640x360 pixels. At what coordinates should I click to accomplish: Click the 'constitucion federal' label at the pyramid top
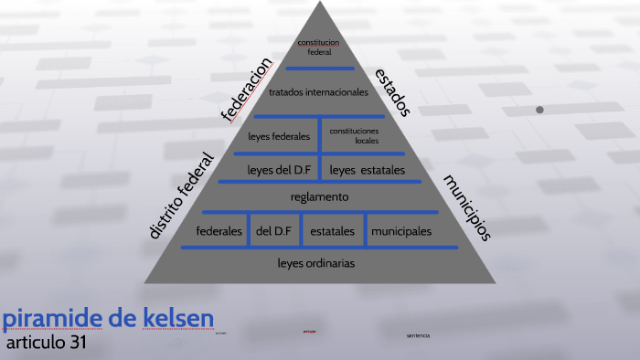point(318,48)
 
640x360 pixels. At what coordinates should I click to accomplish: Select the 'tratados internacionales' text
point(318,92)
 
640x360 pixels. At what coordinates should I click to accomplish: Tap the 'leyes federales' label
point(279,137)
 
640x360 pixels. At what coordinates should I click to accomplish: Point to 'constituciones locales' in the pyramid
point(355,136)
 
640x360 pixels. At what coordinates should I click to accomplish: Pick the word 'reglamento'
point(319,196)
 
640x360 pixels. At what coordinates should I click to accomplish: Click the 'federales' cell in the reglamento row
point(219,231)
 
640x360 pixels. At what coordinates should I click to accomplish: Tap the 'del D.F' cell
point(273,231)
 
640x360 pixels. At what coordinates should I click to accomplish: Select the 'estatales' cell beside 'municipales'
point(332,231)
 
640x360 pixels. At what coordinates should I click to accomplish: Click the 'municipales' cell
point(400,231)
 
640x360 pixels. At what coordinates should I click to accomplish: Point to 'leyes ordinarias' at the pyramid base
point(316,263)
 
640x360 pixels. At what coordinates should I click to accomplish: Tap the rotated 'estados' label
point(392,91)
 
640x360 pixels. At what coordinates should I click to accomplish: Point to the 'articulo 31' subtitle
point(46,344)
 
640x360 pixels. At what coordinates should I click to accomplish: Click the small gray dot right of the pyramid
point(539,110)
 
